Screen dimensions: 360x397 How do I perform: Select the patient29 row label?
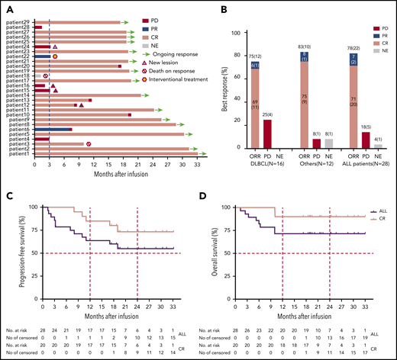coord(21,22)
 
